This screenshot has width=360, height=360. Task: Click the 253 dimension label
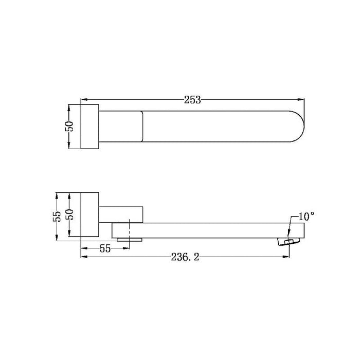(192, 100)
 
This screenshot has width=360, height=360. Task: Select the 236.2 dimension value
(185, 257)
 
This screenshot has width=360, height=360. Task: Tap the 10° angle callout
(307, 216)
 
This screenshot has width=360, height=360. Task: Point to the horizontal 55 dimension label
(105, 248)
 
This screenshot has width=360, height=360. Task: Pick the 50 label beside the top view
(69, 126)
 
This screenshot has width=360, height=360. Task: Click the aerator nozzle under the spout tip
(289, 242)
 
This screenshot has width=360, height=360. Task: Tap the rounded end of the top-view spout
(303, 127)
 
